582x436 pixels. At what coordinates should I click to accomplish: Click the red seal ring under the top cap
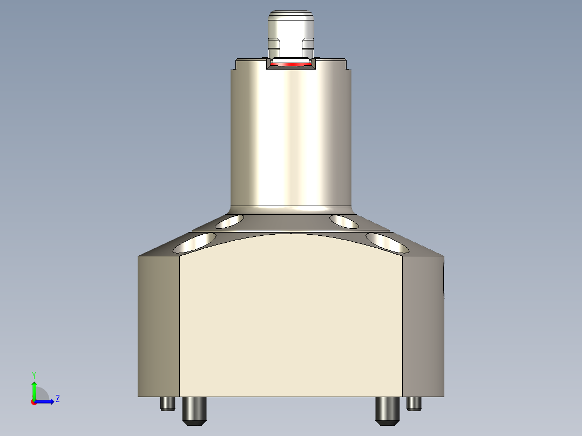click(x=292, y=64)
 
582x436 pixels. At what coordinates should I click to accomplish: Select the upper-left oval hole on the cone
click(x=229, y=221)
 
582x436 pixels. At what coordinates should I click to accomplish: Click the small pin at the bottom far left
click(x=167, y=403)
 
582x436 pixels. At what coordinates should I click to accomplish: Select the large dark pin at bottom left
click(x=194, y=410)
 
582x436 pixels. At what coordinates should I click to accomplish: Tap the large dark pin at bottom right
click(x=387, y=410)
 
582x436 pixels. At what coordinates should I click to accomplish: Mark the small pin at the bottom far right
click(x=414, y=403)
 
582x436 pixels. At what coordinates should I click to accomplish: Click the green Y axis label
click(x=33, y=374)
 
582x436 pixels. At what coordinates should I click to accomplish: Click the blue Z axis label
click(x=57, y=399)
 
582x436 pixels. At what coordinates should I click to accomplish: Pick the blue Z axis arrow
click(x=45, y=401)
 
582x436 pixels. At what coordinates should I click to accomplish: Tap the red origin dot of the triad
click(x=33, y=401)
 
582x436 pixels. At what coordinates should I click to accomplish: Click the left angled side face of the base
click(x=158, y=326)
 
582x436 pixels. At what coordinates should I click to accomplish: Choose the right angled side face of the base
click(x=423, y=326)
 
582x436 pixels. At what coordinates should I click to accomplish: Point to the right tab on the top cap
click(x=308, y=44)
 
